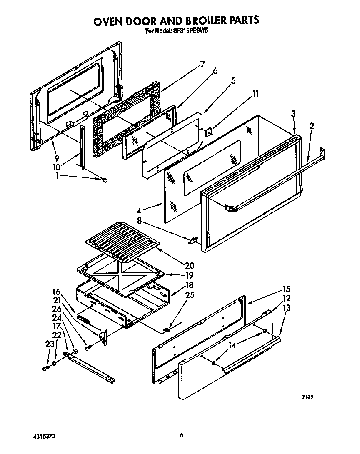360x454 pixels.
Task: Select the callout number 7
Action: click(202, 64)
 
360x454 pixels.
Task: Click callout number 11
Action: click(255, 94)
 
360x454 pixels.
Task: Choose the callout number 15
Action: click(286, 289)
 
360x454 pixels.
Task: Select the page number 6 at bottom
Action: click(182, 435)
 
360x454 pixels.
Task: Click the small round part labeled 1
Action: click(105, 180)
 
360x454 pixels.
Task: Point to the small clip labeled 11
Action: click(209, 132)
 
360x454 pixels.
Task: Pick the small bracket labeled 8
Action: click(193, 240)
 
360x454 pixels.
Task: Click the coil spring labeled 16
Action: click(84, 321)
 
